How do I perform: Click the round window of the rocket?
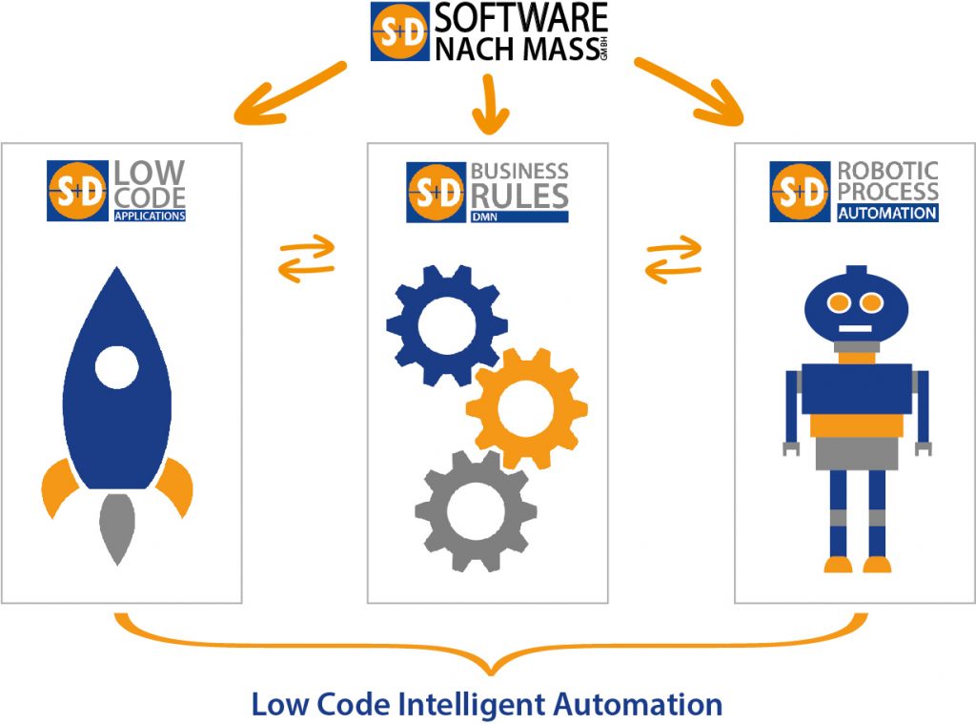tap(117, 367)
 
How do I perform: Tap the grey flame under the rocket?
tap(116, 529)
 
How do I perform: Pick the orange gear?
tap(526, 405)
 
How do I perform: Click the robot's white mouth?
tap(855, 330)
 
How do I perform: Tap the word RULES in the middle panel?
tap(518, 196)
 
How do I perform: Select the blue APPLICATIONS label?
tap(149, 216)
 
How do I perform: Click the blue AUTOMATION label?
tap(887, 213)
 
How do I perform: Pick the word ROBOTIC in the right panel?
tap(887, 171)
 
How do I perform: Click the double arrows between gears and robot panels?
tap(673, 258)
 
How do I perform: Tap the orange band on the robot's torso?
tap(855, 424)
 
